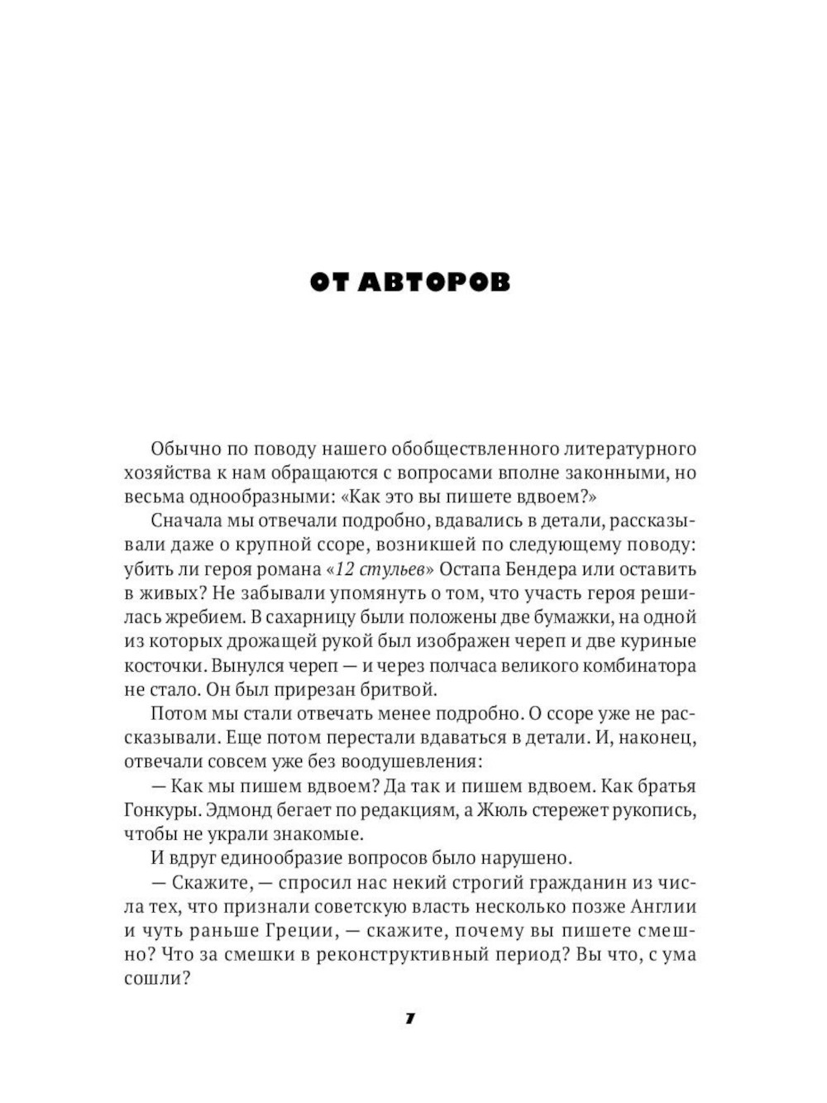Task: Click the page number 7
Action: coord(410,1019)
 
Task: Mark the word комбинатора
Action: coord(638,665)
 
